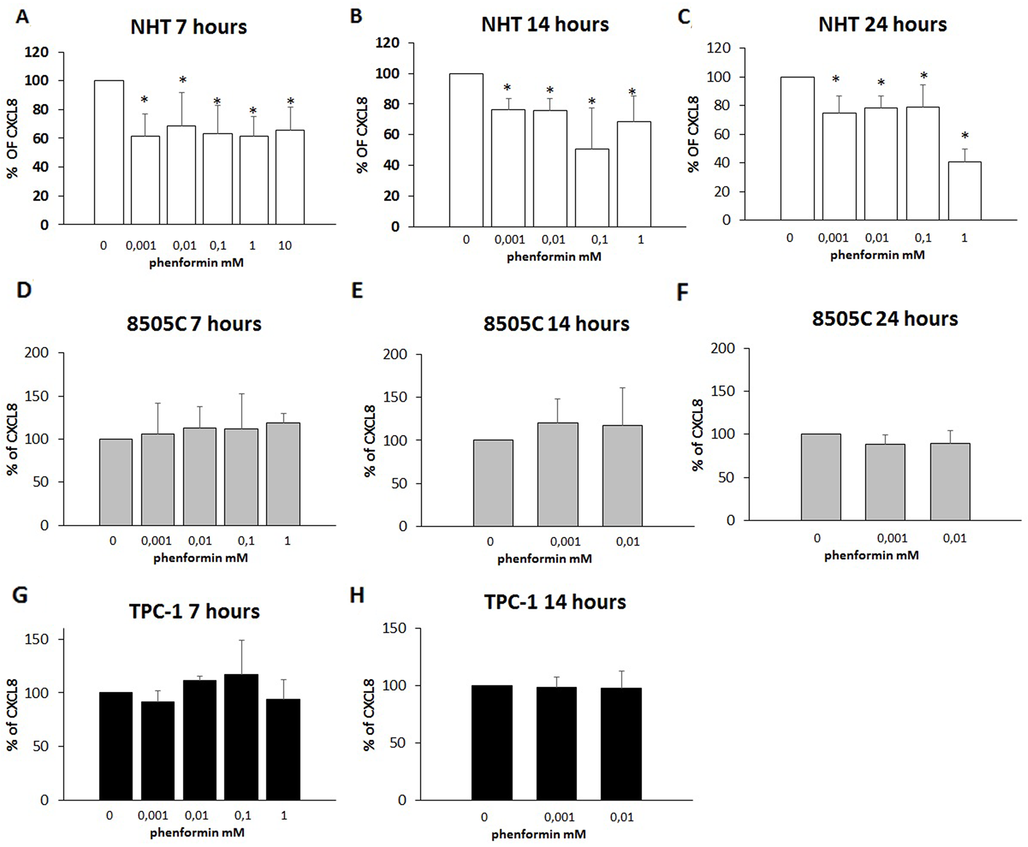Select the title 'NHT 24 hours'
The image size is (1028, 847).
pos(882,24)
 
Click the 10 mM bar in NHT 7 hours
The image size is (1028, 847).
pos(290,177)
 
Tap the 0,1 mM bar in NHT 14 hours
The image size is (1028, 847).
pos(592,188)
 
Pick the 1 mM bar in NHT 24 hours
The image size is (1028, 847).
pos(964,191)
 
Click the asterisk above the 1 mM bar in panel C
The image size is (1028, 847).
pos(965,136)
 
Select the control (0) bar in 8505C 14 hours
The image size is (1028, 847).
pos(493,483)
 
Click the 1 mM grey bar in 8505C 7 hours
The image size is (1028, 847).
pos(283,473)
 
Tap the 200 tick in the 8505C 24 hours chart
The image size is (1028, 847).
pos(723,348)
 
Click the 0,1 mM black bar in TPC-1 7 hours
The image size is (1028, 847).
pos(241,736)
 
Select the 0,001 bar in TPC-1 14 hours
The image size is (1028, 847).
pos(557,743)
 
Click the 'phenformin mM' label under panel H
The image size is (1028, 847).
pos(538,834)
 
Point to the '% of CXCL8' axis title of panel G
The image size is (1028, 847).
pos(12,714)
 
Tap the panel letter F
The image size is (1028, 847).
pos(682,292)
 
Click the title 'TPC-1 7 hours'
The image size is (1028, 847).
pos(194,611)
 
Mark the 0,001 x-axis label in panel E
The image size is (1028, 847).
pos(565,542)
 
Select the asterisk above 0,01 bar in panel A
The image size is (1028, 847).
pos(182,80)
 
